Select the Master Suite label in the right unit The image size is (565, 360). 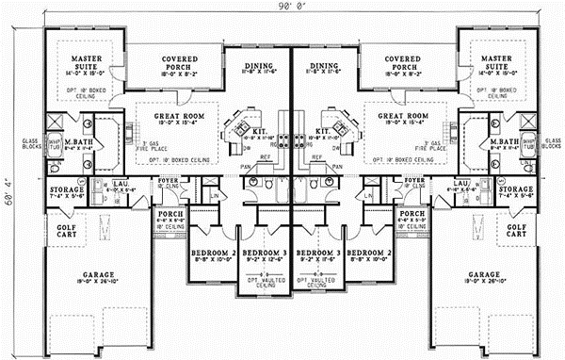coord(490,62)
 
